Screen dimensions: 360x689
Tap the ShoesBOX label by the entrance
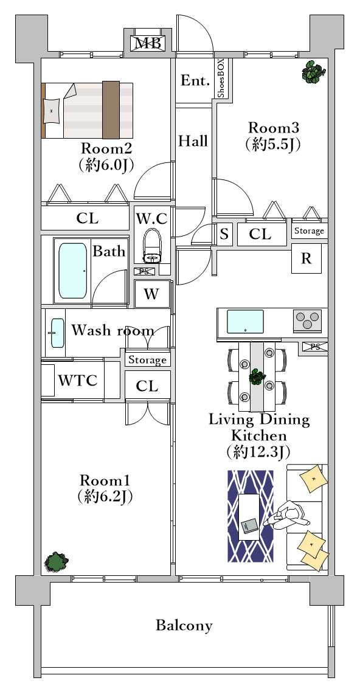pos(221,78)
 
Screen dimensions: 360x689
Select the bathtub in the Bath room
pos(72,271)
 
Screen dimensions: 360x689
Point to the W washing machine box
pos(151,294)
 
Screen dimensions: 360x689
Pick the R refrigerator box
pos(306,258)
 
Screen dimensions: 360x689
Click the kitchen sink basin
pos(245,322)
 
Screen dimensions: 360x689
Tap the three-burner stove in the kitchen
pos(307,320)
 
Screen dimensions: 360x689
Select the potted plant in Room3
pos(314,72)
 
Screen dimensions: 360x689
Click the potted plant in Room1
pos(57,561)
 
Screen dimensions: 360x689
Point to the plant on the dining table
pos(257,378)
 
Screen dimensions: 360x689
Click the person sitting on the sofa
pos(288,517)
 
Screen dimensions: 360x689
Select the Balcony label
pos(184,625)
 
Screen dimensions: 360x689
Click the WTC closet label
pos(78,380)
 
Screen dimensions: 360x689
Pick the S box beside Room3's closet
pos(224,234)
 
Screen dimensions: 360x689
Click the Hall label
pos(193,142)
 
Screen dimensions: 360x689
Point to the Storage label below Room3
pos(309,230)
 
